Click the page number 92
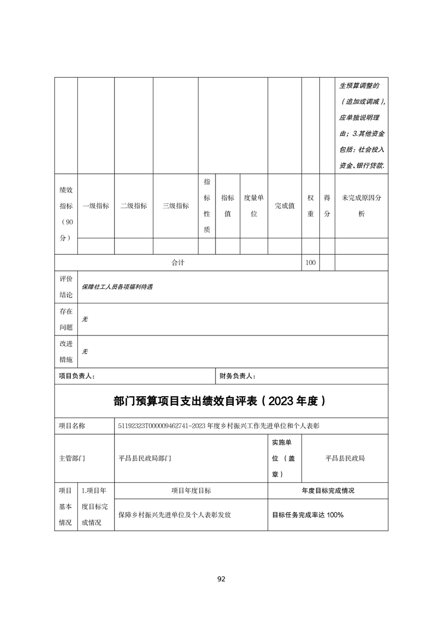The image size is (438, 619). [221, 579]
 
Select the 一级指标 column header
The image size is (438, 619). [96, 206]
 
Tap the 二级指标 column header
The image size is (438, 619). [134, 206]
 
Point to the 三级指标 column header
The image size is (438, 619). [176, 206]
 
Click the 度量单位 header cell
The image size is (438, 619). [254, 206]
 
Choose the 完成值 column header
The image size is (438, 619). [284, 206]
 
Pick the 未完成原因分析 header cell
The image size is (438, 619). [361, 206]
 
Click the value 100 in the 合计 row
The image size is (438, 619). [310, 263]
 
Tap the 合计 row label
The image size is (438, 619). [177, 263]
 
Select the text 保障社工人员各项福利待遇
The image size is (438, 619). [117, 287]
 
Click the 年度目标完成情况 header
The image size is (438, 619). [328, 490]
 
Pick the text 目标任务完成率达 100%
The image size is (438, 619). [308, 515]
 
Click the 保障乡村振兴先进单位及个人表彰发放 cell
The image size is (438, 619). [175, 515]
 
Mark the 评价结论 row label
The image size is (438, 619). [66, 287]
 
